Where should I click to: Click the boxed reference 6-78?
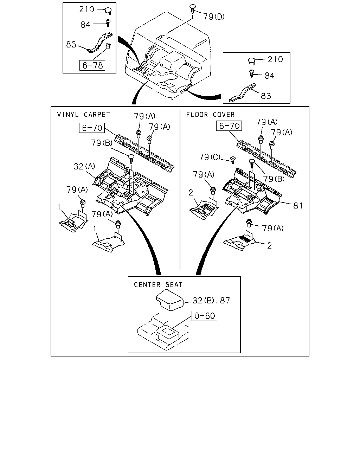92,65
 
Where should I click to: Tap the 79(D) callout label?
214,17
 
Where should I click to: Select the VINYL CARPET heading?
83,115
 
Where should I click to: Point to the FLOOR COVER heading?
211,115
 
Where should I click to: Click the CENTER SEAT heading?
158,285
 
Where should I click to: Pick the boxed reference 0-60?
205,316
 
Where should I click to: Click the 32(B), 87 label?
211,301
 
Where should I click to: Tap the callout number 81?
298,206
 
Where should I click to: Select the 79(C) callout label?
210,157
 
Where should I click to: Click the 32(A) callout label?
84,166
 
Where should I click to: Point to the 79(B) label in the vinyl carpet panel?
102,143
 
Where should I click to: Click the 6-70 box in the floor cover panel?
229,126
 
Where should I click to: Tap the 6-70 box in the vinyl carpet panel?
92,128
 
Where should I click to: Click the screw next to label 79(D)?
193,9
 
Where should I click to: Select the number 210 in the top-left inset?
86,9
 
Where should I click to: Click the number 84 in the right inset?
269,76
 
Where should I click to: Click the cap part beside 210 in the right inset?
252,61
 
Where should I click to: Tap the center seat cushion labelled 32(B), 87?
169,300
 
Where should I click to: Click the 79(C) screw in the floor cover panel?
233,160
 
